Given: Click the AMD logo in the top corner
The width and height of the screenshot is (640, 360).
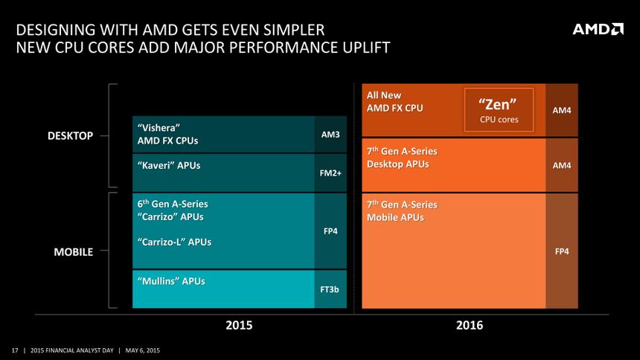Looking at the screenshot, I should (598, 29).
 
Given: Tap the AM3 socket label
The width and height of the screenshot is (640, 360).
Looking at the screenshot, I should (330, 135).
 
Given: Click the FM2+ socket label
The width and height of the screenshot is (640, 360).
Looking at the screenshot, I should (330, 173).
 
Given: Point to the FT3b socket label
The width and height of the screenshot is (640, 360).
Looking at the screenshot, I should (330, 289).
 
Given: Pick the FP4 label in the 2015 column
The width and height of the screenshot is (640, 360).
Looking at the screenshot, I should (330, 231).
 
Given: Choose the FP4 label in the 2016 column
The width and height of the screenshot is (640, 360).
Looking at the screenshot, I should (563, 251).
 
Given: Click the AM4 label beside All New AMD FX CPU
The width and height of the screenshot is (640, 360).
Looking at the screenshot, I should (563, 110).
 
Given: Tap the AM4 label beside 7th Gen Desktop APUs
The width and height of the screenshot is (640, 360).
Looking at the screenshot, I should (563, 164).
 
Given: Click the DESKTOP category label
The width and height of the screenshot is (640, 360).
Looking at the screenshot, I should (72, 135).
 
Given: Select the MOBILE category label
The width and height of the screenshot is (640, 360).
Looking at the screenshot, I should (74, 251).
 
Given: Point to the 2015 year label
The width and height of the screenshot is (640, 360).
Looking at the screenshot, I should (239, 325).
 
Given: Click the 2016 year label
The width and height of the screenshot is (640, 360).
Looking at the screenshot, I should (470, 325).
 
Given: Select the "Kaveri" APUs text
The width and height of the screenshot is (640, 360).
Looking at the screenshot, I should (169, 164).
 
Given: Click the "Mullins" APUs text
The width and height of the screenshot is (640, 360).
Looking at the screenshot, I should (171, 280).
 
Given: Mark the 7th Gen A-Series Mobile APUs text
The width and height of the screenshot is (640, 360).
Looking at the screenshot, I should (402, 210).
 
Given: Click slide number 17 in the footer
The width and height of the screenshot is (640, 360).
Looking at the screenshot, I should (14, 350).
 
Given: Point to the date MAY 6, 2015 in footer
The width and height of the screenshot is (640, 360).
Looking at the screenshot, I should (142, 350).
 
